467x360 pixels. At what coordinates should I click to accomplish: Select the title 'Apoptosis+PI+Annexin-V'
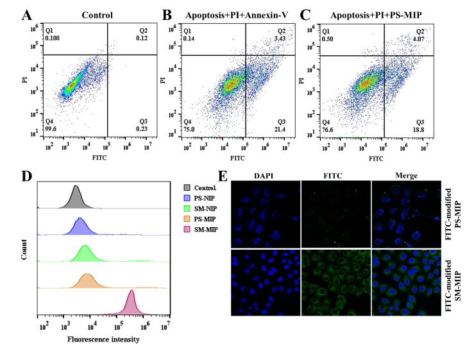[x=237, y=15]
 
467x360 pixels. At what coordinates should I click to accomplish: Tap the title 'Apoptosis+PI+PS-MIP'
[x=374, y=15]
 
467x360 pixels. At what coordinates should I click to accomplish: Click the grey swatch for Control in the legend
[x=188, y=189]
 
